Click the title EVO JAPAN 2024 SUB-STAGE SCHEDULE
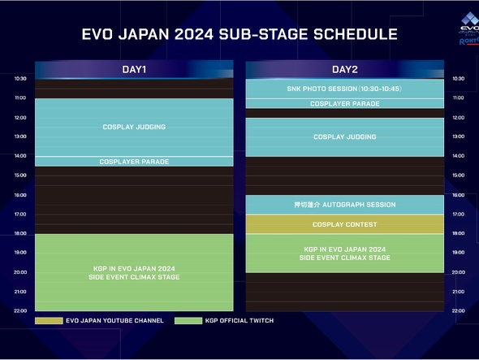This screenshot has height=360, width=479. point(239,35)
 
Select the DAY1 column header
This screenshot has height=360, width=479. point(134,70)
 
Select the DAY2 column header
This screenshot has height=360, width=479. point(344,70)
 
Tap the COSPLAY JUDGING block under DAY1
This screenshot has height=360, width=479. point(134,127)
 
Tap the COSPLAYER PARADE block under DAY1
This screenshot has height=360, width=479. point(134,162)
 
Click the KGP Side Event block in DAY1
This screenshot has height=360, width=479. point(134,272)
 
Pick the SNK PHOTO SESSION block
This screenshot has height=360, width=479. point(344,89)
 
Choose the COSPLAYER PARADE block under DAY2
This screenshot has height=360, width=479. point(344,104)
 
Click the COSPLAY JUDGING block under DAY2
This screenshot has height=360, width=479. point(344,137)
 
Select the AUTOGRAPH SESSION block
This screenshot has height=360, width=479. point(344,205)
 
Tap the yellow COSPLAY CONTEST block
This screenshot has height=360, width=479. point(344,224)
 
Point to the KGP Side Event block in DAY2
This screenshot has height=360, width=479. point(344,254)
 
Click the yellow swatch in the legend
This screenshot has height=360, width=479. point(49,321)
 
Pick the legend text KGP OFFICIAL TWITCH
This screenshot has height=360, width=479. point(240,321)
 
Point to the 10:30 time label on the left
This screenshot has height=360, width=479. point(20,79)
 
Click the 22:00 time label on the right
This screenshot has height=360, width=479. point(459,310)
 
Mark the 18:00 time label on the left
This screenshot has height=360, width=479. point(20,233)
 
